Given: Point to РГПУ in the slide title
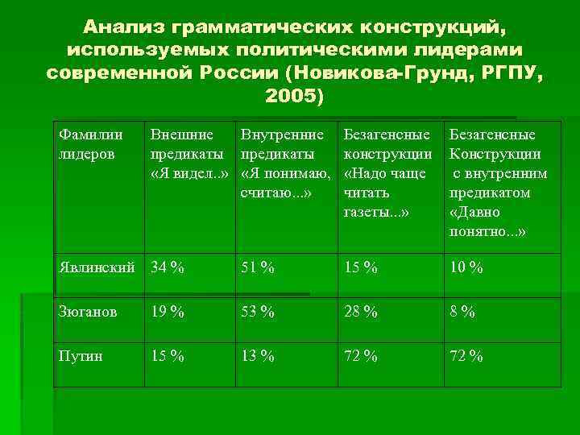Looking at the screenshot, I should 507,74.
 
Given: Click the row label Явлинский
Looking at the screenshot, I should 96,267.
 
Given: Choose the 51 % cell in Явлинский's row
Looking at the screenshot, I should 258,267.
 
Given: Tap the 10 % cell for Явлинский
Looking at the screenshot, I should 466,267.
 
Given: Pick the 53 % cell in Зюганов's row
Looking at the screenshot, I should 258,312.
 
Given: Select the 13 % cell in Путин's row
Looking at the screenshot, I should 258,356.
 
